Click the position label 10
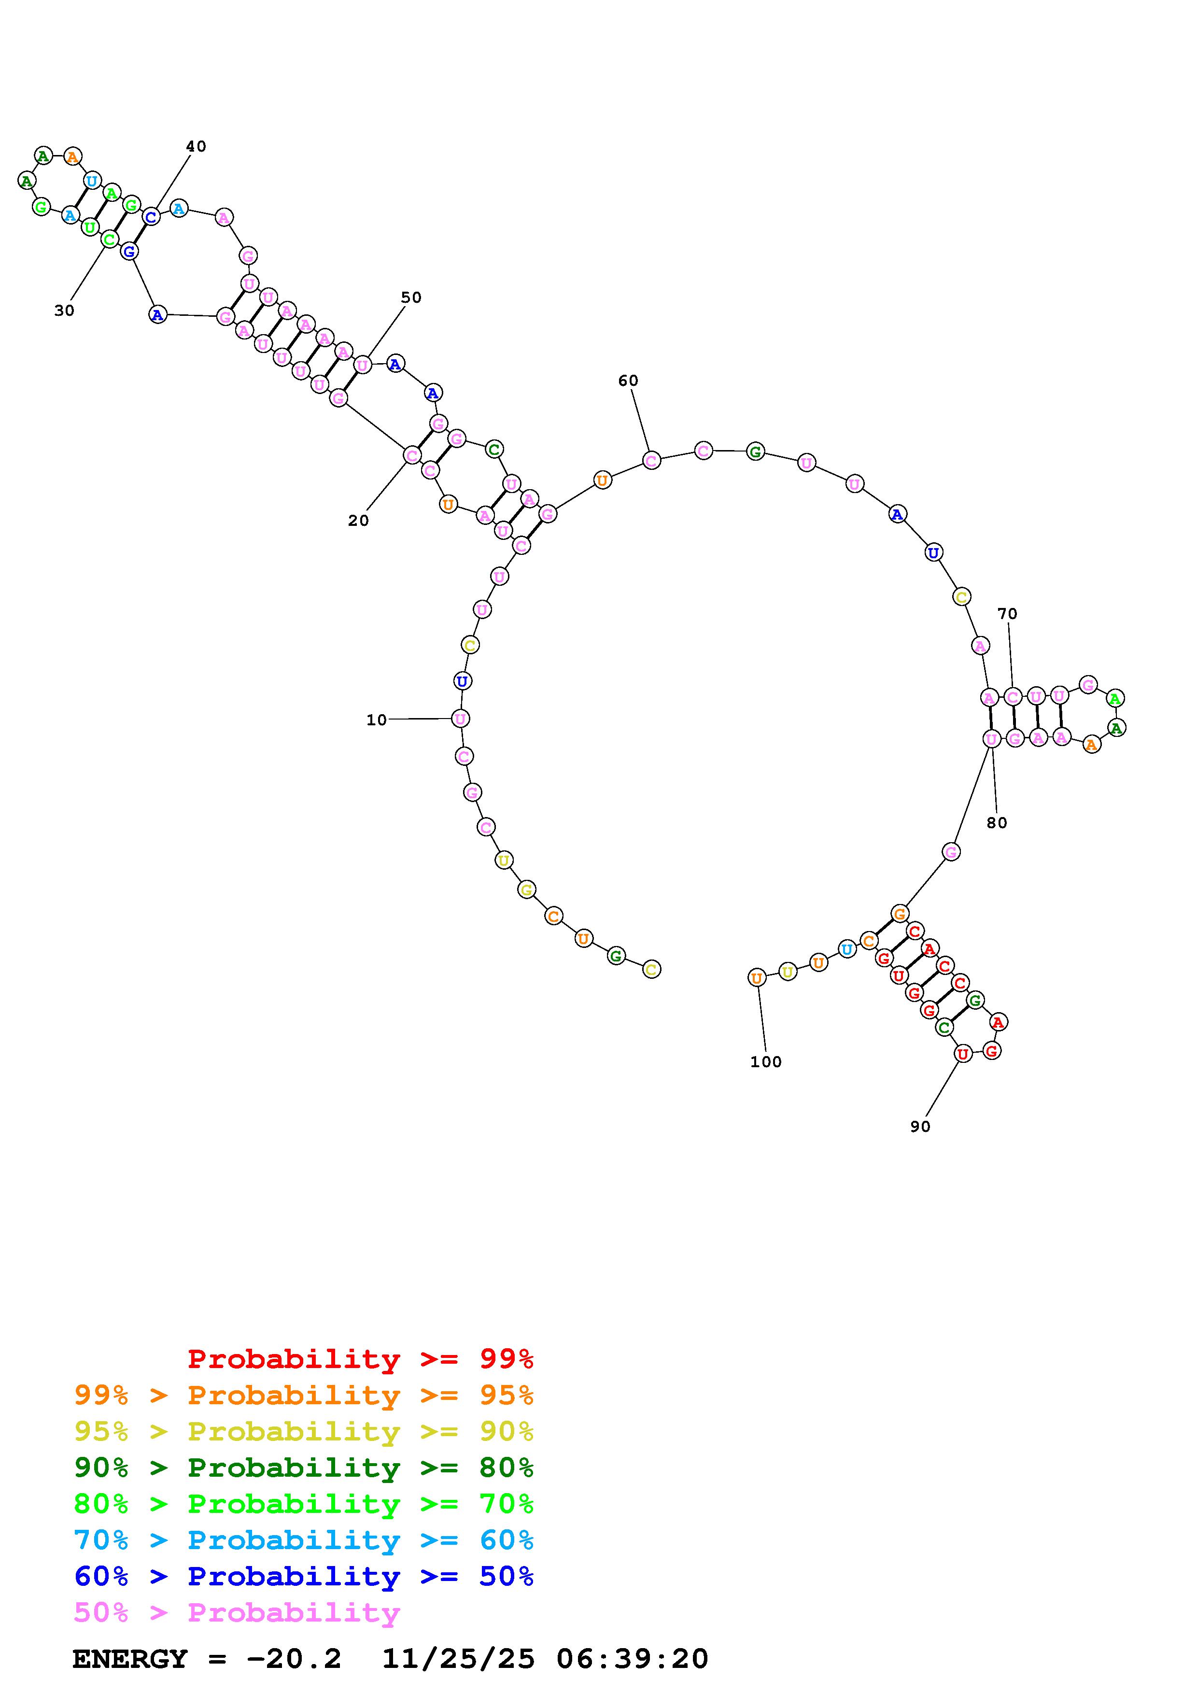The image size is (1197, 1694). coord(376,720)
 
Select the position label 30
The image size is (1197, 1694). coord(64,311)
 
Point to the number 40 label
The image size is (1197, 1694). coord(196,146)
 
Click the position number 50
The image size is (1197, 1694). coord(411,297)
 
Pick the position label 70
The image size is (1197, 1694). coord(1007,613)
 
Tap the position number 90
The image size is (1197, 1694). coord(920,1127)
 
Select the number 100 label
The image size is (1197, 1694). coord(765,1062)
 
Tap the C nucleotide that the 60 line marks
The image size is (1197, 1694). coord(650,460)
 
